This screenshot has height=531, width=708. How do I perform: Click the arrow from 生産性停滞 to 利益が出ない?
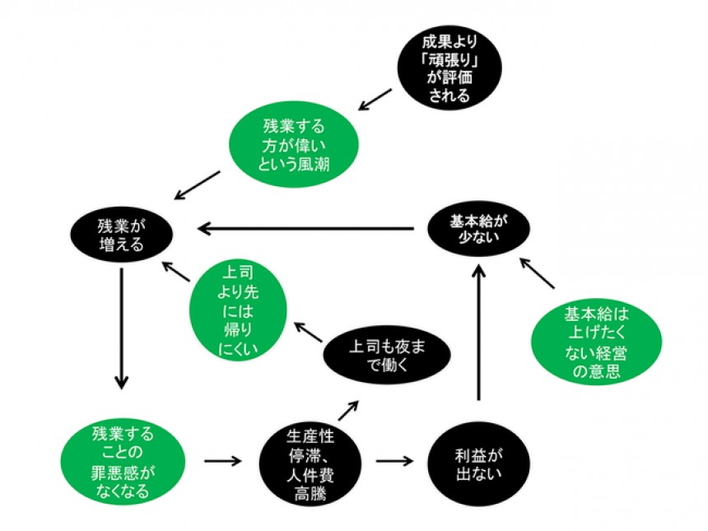point(394,459)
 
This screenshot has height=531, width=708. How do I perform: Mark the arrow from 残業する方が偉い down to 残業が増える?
point(198,186)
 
